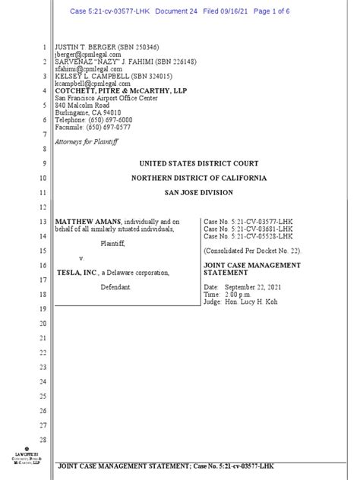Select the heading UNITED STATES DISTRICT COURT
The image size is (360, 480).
coord(198,163)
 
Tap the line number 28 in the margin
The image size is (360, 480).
coord(43,440)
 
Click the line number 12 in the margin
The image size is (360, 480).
coord(43,207)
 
